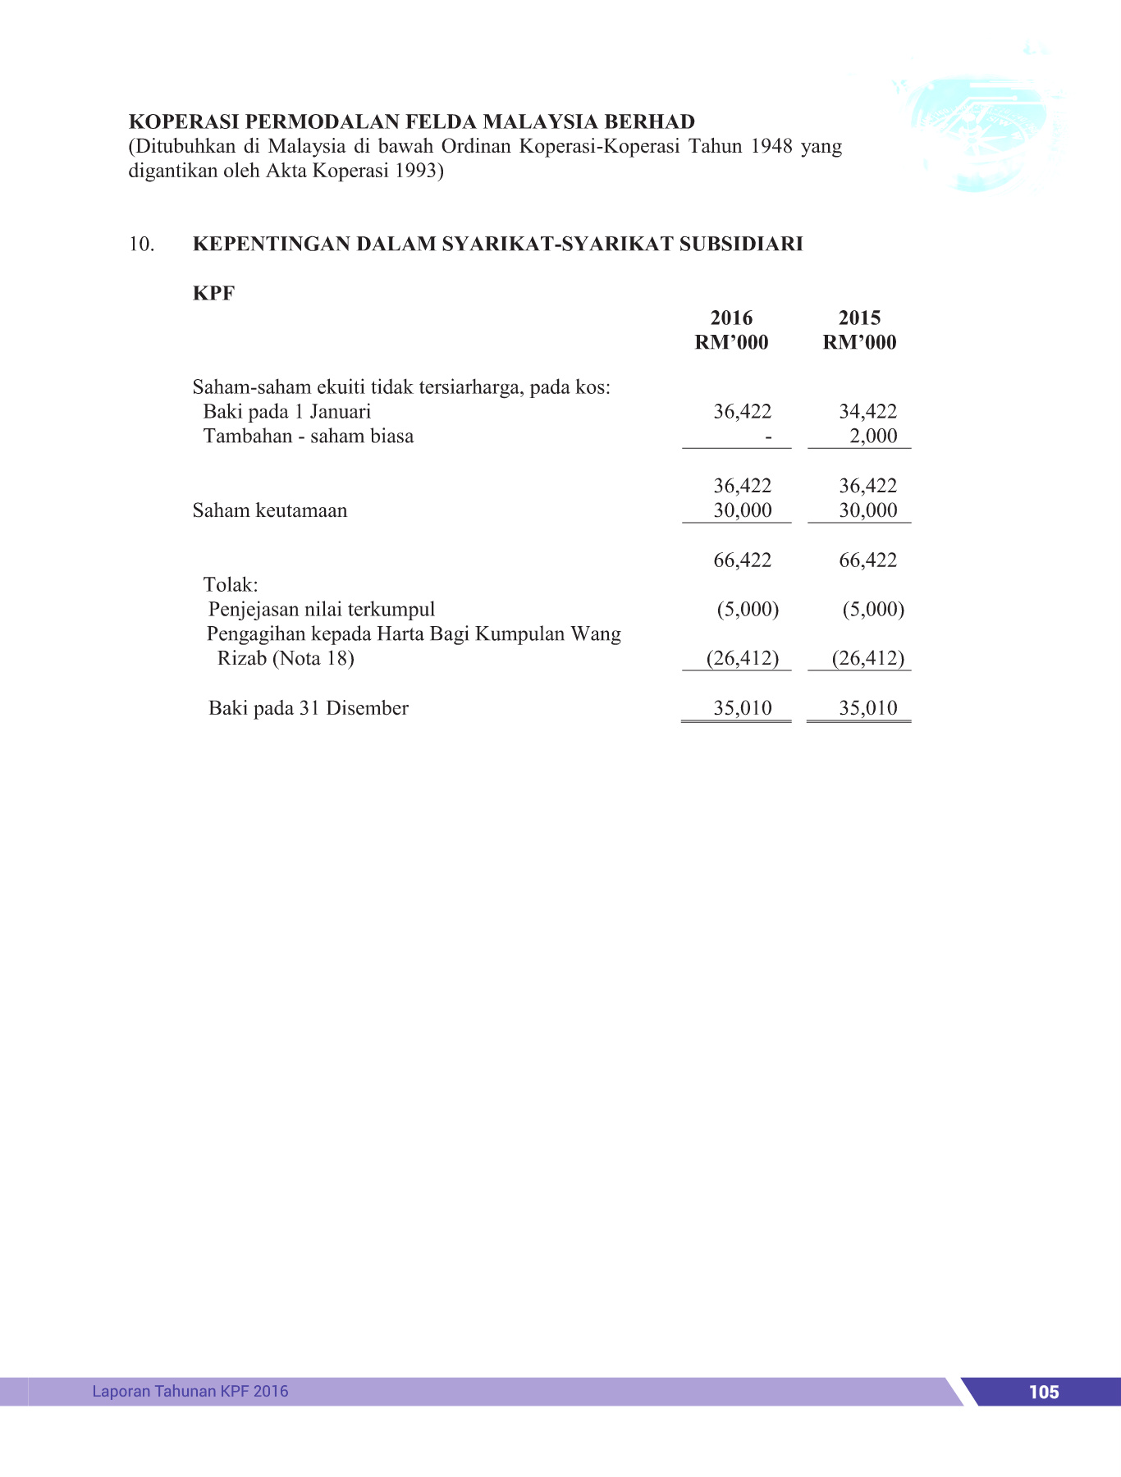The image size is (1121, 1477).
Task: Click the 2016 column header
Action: click(x=731, y=318)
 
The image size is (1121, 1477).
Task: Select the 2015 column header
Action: click(x=859, y=318)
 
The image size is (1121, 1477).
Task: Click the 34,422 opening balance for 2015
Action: click(x=867, y=412)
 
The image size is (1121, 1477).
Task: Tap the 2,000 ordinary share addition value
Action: click(x=873, y=437)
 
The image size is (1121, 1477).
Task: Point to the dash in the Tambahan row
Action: click(x=768, y=437)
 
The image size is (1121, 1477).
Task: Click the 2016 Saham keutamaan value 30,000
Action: click(x=742, y=510)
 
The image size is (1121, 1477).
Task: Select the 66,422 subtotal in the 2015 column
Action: click(x=867, y=560)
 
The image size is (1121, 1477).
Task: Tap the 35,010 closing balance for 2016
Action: click(x=742, y=708)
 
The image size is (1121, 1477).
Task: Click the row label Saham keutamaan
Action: click(x=269, y=510)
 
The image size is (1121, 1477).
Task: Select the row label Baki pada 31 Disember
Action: click(x=308, y=708)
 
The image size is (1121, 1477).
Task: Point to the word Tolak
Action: click(x=230, y=585)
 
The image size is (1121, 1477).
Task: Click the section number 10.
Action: click(x=141, y=245)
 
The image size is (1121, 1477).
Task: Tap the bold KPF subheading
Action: click(x=213, y=294)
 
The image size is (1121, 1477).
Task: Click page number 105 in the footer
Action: click(x=1043, y=1392)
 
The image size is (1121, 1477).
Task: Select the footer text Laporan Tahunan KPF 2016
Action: click(x=190, y=1391)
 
